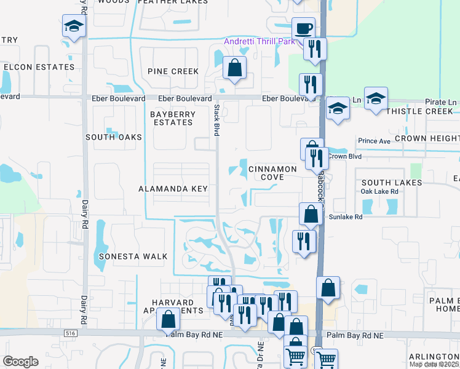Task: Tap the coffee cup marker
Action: pos(302,28)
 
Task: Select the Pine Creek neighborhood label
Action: pos(173,71)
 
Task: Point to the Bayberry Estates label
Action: pos(173,118)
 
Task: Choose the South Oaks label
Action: pos(114,137)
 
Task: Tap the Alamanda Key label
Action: pos(173,189)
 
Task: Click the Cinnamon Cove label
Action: pos(273,172)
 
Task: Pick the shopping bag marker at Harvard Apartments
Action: pos(168,319)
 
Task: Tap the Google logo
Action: pos(20,362)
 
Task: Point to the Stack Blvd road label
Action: pos(216,120)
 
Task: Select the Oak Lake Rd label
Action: pos(380,191)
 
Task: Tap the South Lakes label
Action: pos(392,183)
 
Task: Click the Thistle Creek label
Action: pos(420,111)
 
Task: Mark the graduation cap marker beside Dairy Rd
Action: pos(73,26)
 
